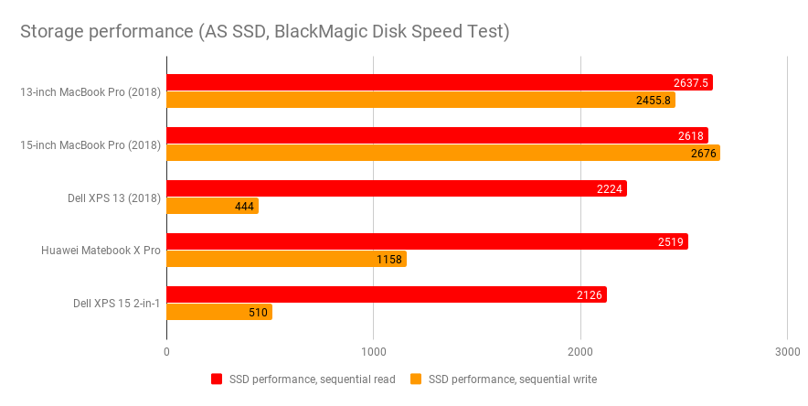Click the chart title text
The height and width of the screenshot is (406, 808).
pos(265,32)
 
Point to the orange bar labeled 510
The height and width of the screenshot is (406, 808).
pos(219,312)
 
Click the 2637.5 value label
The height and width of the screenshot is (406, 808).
pos(686,82)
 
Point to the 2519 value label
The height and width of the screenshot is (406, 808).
pos(670,241)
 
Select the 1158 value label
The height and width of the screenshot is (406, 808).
pos(389,259)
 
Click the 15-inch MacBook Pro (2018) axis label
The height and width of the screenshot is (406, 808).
pos(90,144)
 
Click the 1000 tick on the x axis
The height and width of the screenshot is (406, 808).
pos(373,352)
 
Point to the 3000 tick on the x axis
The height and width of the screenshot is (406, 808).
pos(787,352)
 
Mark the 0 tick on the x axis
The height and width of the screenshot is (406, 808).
pos(166,352)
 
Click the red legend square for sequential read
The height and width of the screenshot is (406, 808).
pos(218,379)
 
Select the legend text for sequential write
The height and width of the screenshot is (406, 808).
pos(512,379)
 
